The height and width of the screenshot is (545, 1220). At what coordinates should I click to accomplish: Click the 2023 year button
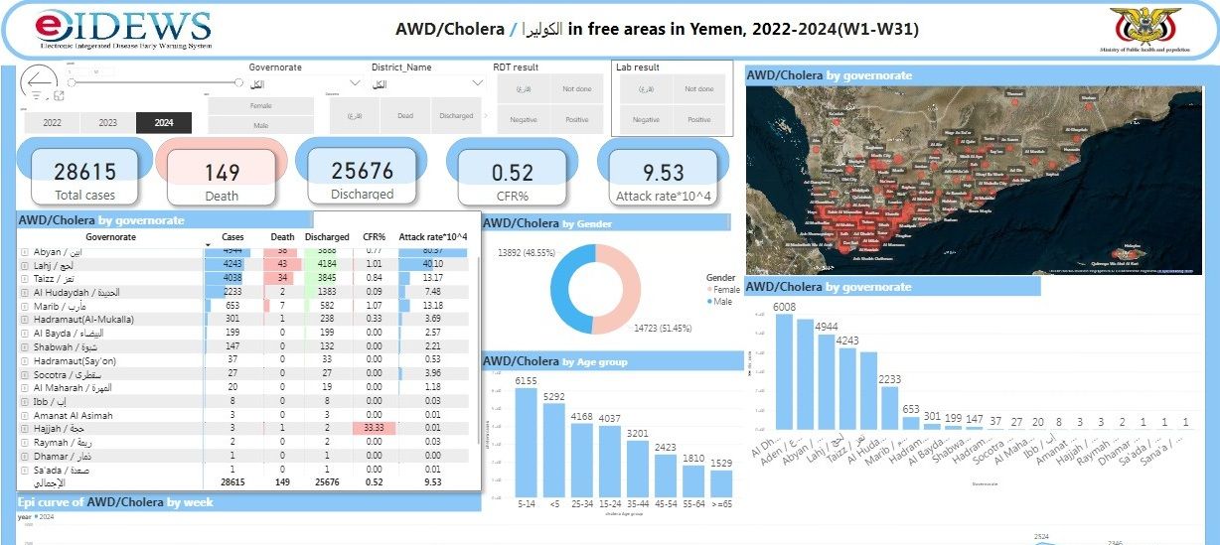point(108,123)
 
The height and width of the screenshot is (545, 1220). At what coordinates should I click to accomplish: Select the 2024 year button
point(164,123)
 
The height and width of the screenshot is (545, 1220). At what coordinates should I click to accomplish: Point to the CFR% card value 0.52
point(513,173)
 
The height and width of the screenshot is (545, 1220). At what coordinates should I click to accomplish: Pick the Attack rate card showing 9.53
point(664,173)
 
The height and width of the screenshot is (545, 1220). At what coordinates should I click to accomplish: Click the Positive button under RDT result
point(576,119)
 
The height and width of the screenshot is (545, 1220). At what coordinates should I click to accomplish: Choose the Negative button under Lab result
point(646,119)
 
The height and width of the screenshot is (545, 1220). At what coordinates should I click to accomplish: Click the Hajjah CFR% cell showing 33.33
point(375,428)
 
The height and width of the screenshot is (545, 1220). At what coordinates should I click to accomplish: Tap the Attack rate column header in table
point(432,237)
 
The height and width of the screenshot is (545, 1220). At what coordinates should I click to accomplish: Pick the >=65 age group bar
point(722,482)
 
